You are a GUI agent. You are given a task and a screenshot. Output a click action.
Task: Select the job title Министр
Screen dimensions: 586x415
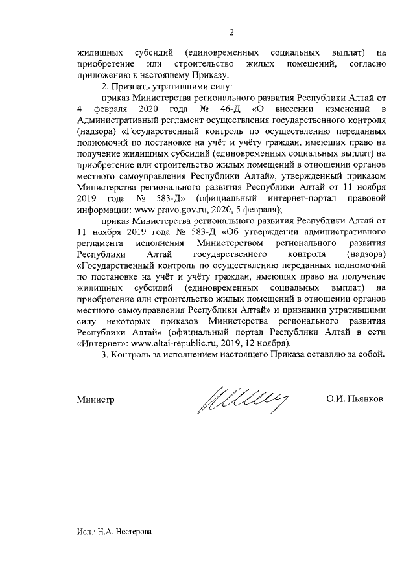click(x=95, y=400)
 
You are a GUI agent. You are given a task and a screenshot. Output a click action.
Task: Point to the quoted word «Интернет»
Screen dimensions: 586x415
click(x=101, y=343)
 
